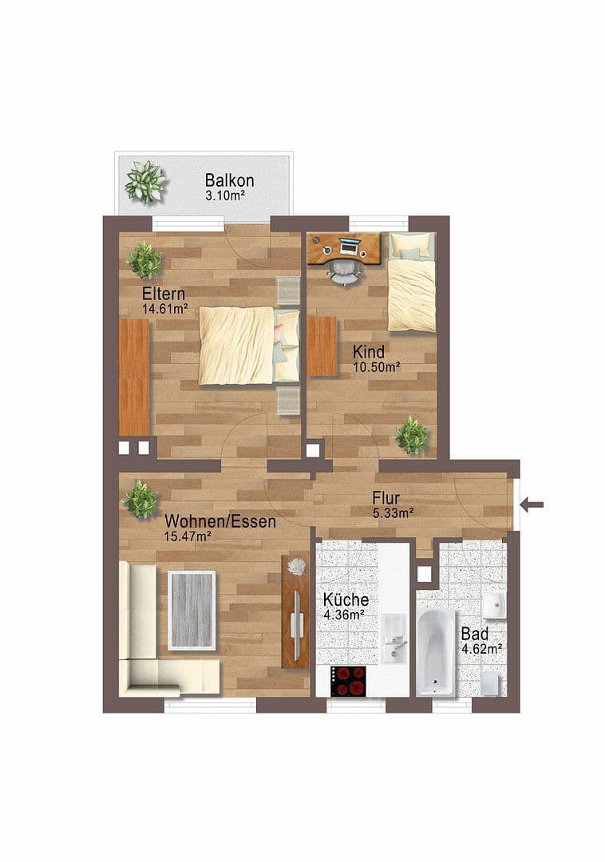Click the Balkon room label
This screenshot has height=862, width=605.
(x=229, y=180)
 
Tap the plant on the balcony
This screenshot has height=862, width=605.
(x=145, y=182)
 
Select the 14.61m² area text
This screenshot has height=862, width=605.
(x=164, y=308)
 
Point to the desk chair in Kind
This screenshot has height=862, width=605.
(x=344, y=271)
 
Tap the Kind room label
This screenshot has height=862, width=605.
(x=370, y=351)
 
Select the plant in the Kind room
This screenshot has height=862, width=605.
(x=412, y=435)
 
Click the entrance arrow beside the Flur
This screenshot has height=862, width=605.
(x=532, y=504)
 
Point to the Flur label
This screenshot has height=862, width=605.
(x=386, y=497)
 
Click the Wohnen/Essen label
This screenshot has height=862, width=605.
(x=220, y=522)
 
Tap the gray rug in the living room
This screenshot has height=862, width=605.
(x=192, y=609)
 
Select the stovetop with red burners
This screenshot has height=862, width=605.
(x=349, y=682)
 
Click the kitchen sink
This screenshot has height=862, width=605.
(x=393, y=639)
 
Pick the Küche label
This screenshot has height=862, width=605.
(x=345, y=599)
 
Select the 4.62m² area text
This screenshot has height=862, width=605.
(x=480, y=650)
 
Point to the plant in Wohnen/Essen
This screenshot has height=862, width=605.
(x=140, y=500)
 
